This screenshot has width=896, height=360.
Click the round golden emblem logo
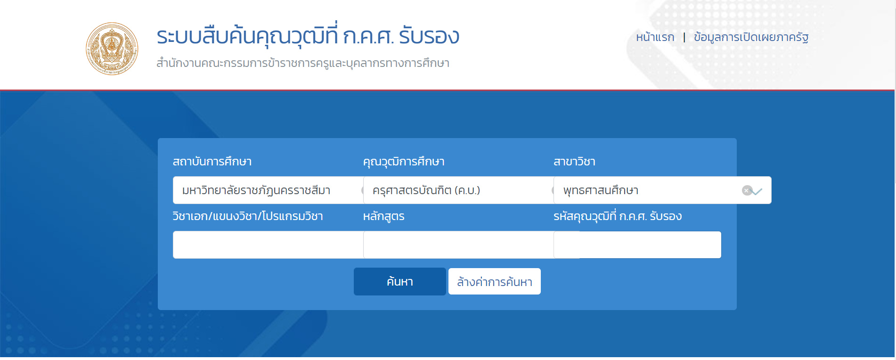click(112, 49)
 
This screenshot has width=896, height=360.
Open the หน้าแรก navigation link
click(655, 37)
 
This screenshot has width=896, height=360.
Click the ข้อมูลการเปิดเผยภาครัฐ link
click(751, 37)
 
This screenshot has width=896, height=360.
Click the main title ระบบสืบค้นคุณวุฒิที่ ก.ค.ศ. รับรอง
click(308, 36)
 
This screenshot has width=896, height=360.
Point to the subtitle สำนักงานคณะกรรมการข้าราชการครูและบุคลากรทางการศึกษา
click(303, 63)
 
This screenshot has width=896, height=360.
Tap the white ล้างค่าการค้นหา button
click(495, 281)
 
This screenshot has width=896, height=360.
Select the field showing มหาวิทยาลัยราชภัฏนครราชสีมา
click(268, 190)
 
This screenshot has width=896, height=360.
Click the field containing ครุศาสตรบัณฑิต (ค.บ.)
click(458, 190)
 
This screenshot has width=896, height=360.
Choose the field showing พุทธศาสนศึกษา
click(662, 190)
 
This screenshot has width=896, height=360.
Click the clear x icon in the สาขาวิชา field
click(747, 190)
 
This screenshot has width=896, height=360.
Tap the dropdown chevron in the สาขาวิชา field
click(757, 191)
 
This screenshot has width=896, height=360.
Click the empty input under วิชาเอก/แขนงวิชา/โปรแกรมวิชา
click(268, 245)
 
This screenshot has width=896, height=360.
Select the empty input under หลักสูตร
click(458, 245)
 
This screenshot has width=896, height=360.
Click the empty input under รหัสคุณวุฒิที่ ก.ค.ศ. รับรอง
click(637, 245)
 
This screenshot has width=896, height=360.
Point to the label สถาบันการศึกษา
click(212, 162)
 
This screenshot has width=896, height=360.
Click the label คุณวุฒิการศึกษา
click(404, 162)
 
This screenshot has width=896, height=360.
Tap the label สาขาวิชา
click(574, 162)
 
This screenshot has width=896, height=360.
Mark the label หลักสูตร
click(383, 216)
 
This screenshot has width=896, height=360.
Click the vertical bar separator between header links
click(684, 37)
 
